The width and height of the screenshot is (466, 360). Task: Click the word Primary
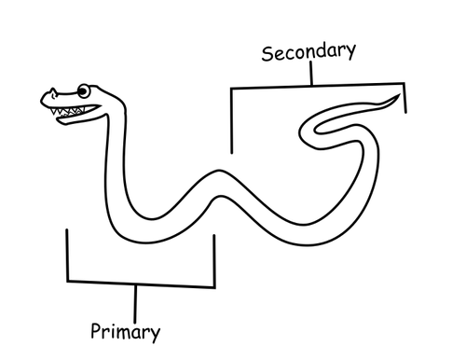[x=125, y=331]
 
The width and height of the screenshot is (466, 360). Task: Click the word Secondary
[x=308, y=51]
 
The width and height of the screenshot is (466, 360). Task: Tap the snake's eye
[x=84, y=91]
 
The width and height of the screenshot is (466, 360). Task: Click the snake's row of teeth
[x=71, y=111]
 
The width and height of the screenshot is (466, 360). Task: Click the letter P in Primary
[x=96, y=330]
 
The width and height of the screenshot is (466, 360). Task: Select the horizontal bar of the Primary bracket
[x=140, y=282]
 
